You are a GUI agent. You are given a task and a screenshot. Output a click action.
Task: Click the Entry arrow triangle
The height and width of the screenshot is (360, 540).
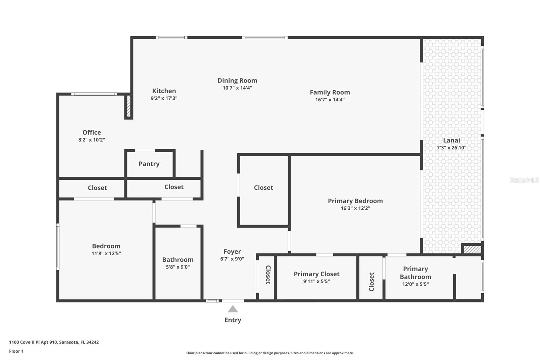tap(233, 309)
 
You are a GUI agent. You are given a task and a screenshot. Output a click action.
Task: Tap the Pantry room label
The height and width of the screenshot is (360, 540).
tap(149, 164)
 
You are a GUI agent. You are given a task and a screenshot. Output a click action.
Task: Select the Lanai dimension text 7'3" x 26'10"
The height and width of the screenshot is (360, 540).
tap(451, 148)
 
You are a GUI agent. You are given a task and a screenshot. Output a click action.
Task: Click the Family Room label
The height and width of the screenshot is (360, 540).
tap(330, 92)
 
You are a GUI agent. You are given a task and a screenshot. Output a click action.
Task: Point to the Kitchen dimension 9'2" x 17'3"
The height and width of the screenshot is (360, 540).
tap(164, 98)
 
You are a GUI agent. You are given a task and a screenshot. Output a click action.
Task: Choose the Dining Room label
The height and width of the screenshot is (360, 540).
tap(237, 80)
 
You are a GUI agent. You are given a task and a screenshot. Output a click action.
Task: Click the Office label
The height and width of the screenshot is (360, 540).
tap(92, 132)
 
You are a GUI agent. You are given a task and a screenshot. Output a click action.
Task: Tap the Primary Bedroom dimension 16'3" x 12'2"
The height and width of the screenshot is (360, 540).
tap(355, 208)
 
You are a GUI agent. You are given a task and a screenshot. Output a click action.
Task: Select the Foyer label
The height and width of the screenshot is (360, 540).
tap(232, 252)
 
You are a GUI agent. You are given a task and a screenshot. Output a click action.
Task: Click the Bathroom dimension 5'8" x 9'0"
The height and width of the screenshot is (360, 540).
tap(178, 267)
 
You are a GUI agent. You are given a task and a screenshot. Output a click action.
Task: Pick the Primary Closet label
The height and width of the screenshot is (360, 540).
tap(317, 274)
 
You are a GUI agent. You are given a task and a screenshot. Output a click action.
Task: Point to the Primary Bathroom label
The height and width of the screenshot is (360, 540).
tap(415, 273)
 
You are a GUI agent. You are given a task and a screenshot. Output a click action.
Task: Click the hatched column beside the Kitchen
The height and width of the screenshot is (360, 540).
tap(128, 106)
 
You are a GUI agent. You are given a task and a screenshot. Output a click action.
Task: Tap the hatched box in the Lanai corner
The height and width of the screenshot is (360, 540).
tap(472, 250)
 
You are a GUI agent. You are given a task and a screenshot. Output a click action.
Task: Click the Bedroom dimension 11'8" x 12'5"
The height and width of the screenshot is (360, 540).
tap(106, 253)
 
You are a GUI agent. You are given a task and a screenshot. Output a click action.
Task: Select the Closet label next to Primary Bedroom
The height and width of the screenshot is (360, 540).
tap(263, 187)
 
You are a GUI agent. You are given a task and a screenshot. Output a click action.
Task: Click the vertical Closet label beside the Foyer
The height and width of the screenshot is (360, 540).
tap(268, 275)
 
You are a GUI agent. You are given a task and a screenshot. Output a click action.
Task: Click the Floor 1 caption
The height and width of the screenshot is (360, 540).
tap(16, 351)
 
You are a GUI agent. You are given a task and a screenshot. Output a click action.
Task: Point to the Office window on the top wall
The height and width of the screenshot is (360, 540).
tap(94, 94)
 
